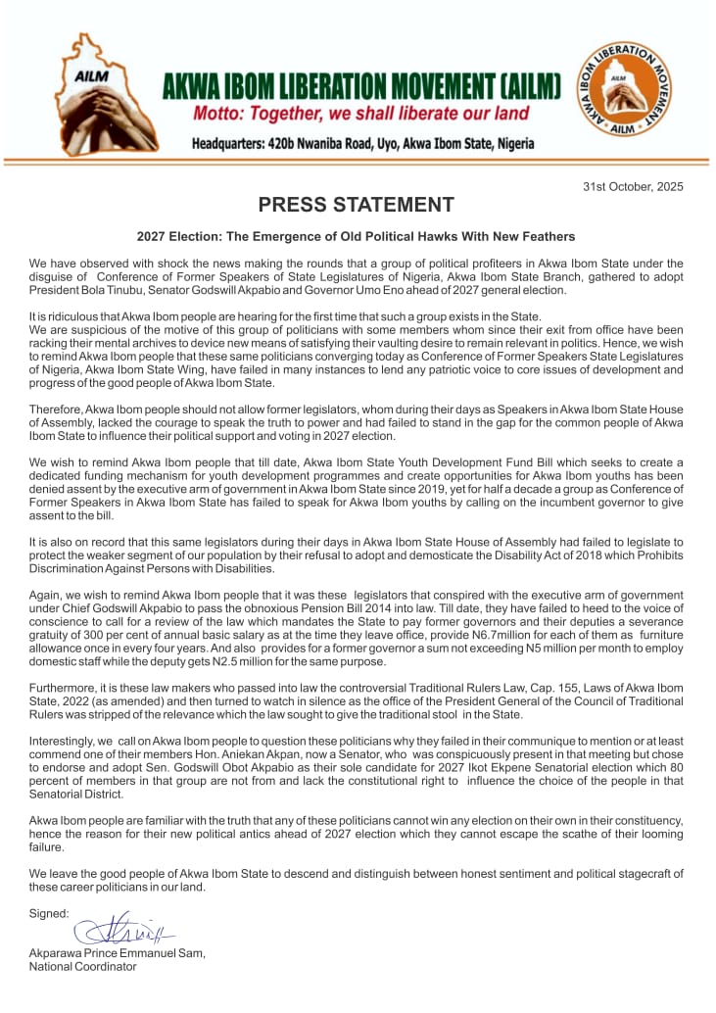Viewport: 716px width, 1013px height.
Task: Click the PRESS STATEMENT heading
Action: (356, 205)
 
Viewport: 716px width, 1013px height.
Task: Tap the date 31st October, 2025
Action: (633, 186)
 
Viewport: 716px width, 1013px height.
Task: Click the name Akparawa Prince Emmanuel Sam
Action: (118, 952)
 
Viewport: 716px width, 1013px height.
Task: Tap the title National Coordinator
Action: (83, 966)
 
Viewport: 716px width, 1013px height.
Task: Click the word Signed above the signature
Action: (49, 913)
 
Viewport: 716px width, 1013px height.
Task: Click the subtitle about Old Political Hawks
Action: (356, 237)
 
